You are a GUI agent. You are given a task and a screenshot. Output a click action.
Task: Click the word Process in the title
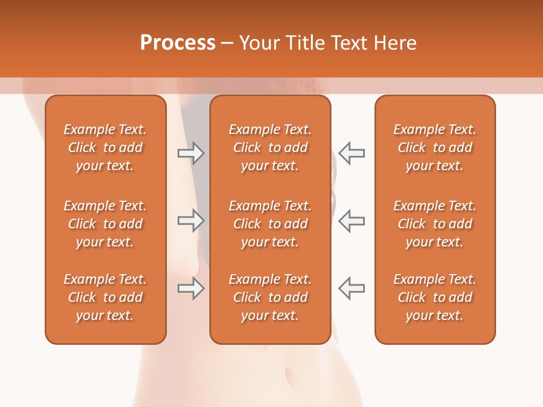178,43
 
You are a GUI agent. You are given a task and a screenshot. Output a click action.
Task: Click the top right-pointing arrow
191,153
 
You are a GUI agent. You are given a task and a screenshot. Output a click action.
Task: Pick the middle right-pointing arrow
191,220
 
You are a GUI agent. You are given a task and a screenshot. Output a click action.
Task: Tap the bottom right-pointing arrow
191,288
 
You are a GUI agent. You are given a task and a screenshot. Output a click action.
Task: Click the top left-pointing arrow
351,153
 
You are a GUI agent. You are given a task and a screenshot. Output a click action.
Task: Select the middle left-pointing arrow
351,220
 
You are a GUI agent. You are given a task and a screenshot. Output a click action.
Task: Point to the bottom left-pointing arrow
351,288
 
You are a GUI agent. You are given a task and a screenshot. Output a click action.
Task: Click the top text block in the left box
105,148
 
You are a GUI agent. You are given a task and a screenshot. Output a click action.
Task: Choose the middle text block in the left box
105,224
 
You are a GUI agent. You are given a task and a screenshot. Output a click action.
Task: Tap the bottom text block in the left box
105,297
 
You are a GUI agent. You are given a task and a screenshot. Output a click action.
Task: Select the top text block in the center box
270,148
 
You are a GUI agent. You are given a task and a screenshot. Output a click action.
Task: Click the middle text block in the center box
270,224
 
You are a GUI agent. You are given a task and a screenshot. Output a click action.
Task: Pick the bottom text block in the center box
270,297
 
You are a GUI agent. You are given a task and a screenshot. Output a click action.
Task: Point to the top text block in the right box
435,148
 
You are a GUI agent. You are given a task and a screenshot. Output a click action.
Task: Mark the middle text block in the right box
435,224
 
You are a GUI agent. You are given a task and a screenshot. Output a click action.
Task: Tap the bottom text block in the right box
435,297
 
